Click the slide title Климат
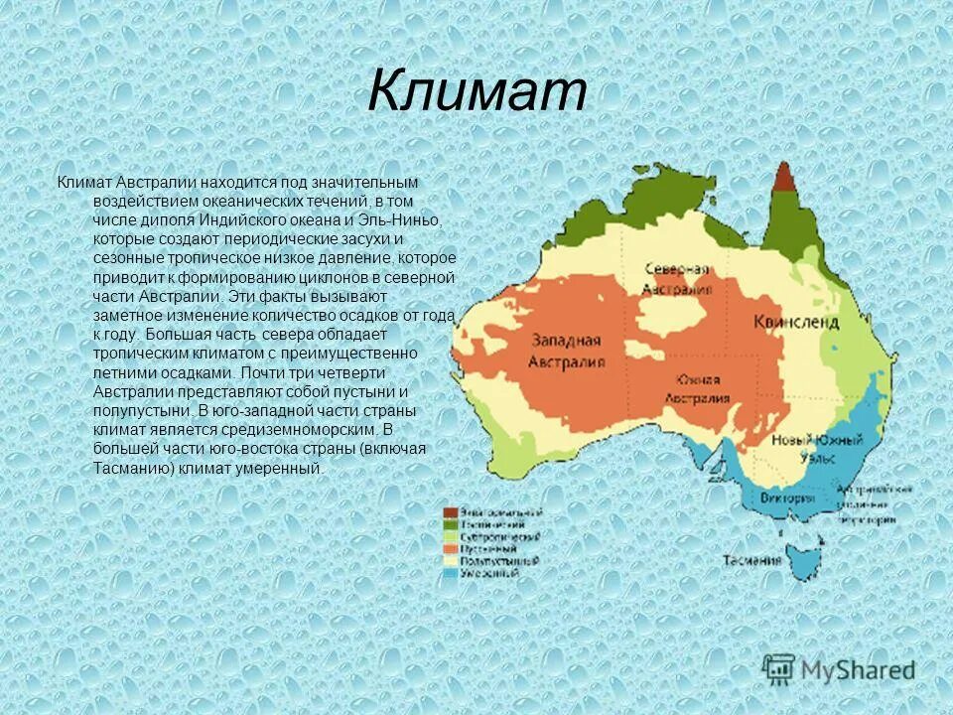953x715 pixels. click(x=476, y=92)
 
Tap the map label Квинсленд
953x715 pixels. click(x=795, y=323)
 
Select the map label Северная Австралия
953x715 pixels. click(x=676, y=279)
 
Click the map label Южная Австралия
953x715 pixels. click(x=698, y=388)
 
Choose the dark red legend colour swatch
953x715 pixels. click(x=450, y=511)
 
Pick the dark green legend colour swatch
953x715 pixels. click(x=450, y=523)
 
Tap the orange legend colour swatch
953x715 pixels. click(x=450, y=548)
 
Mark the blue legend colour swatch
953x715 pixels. click(x=450, y=573)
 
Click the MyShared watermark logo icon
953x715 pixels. click(x=779, y=669)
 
